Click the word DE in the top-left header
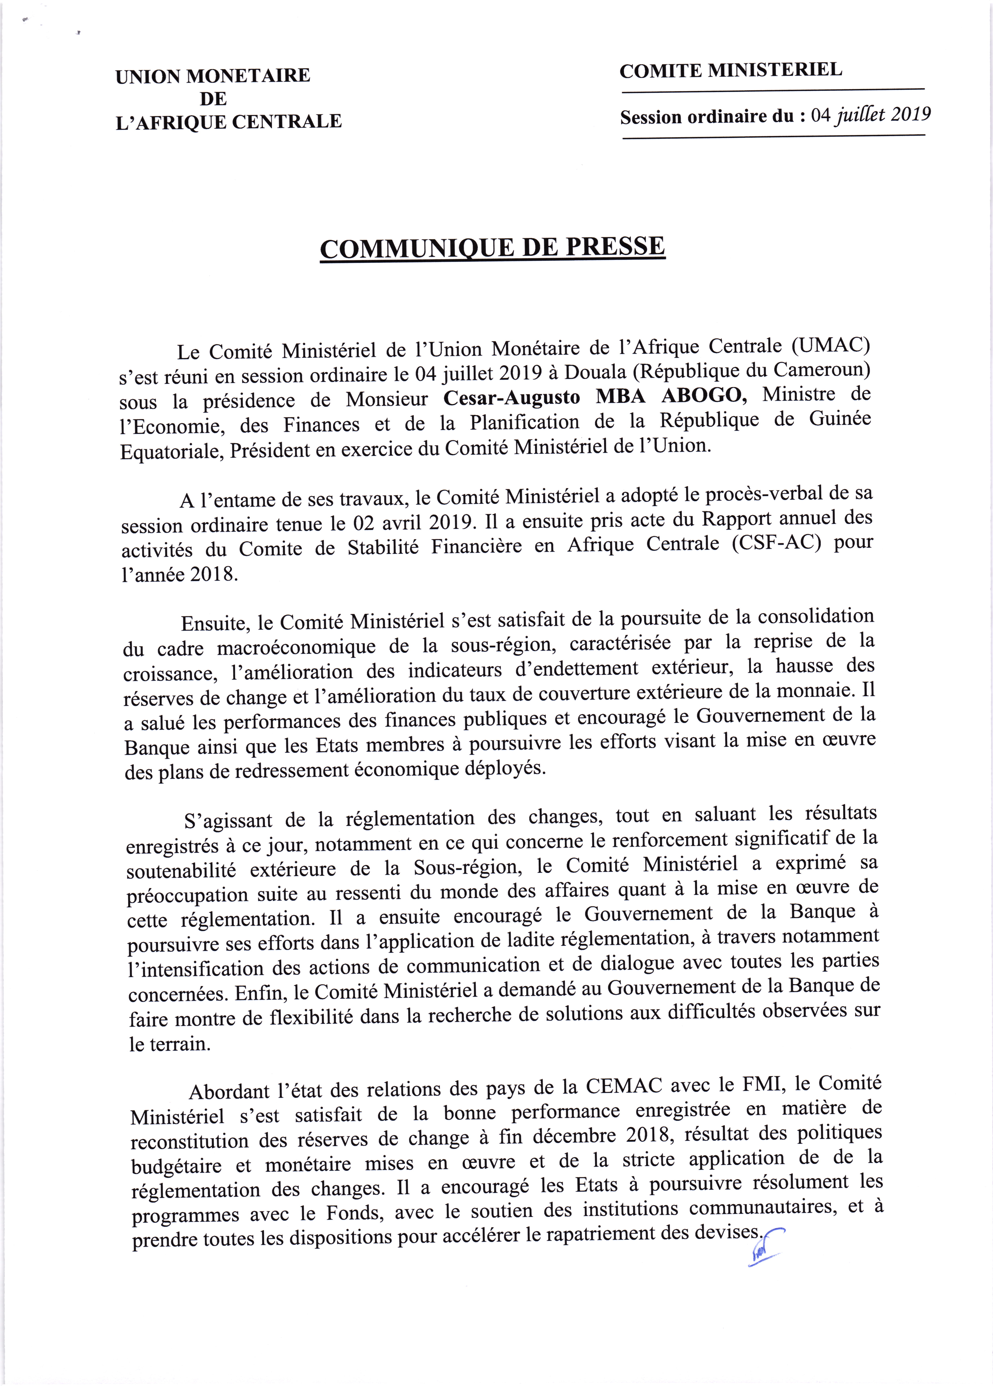[213, 98]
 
